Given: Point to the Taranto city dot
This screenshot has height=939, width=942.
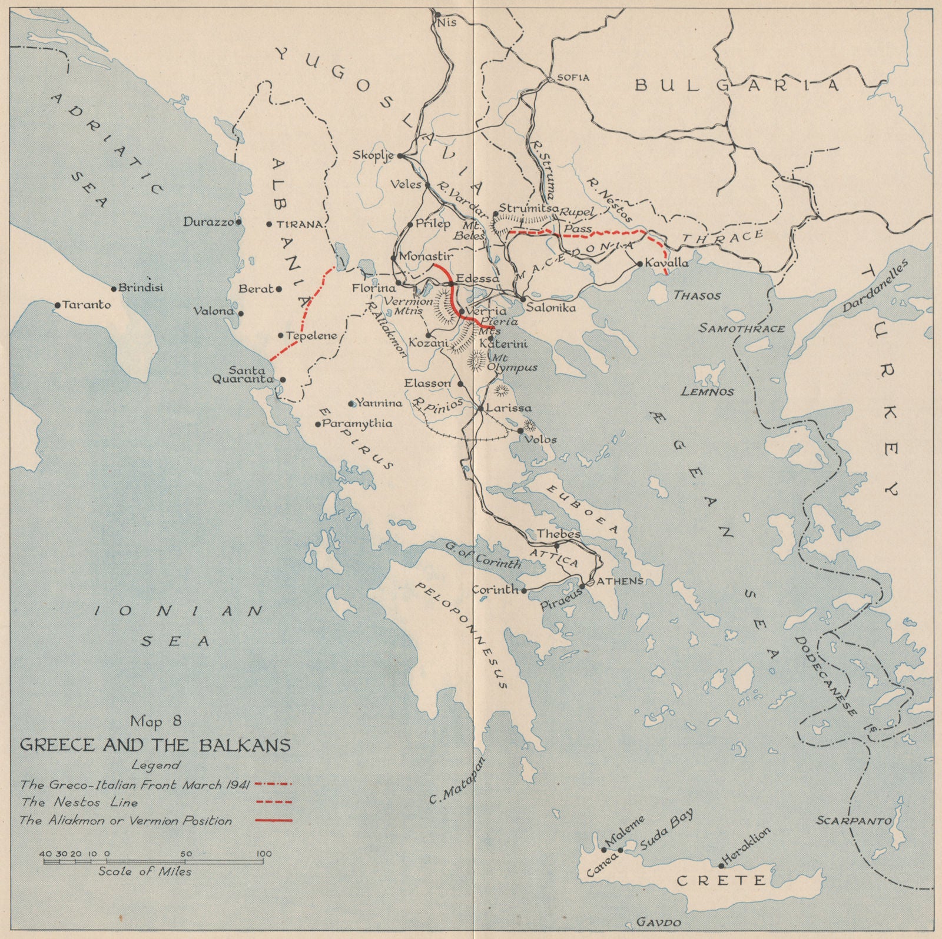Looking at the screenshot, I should [58, 305].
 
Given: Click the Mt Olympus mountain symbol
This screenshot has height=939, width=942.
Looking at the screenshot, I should [476, 359].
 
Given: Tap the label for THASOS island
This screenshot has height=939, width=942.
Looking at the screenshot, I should [697, 296].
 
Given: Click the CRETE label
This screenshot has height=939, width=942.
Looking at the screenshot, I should [722, 881].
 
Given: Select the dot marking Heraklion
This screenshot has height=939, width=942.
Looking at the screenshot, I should [721, 865].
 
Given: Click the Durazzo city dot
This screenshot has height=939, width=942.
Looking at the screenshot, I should [238, 222].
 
